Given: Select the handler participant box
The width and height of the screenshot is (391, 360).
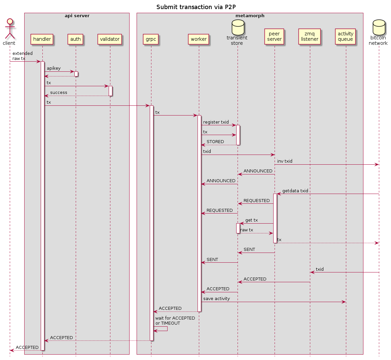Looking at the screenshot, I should (42, 39).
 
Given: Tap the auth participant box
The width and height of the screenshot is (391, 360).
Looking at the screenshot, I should (75, 39).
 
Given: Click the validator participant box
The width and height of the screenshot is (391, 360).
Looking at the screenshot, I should (110, 39).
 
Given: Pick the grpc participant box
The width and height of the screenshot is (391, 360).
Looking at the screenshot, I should (151, 39).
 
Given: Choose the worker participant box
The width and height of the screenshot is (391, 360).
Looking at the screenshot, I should (199, 39).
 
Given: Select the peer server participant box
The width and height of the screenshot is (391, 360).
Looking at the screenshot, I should (274, 36).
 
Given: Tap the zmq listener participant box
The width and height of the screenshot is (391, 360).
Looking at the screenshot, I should (310, 36).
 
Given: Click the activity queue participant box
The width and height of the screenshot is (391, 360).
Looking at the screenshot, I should (345, 36).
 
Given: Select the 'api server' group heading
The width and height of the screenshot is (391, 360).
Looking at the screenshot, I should (77, 16).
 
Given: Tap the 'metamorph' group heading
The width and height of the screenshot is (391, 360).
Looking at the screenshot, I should (250, 16).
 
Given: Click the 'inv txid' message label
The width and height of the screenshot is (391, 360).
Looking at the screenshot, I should (285, 161).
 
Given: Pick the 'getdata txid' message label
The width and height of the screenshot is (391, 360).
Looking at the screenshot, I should (295, 191).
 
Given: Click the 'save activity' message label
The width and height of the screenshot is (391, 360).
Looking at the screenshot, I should (216, 299).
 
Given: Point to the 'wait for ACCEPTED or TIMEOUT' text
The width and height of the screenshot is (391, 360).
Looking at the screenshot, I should (175, 321).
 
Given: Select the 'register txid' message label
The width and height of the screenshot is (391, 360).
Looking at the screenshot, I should (216, 122).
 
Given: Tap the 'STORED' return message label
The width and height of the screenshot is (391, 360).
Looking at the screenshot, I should (215, 142).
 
